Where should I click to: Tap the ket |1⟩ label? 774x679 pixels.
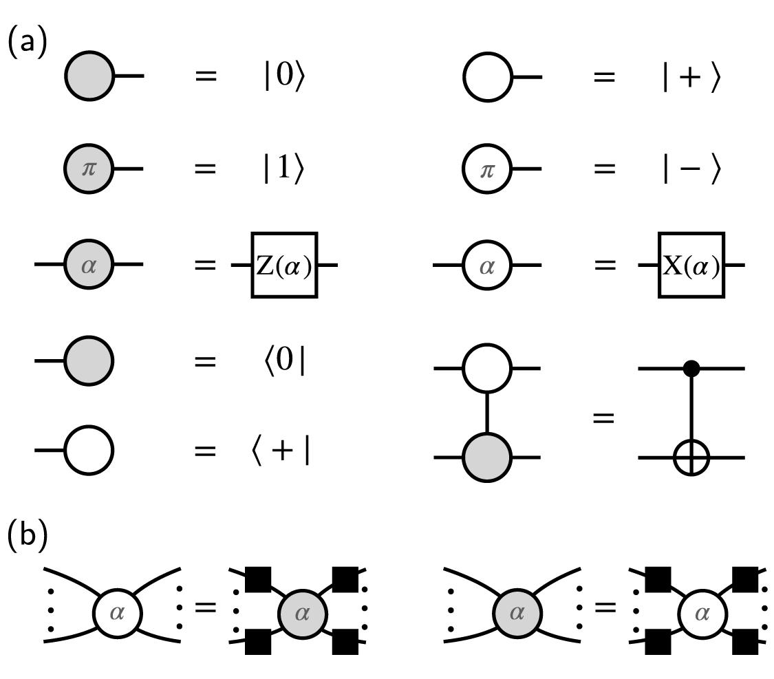pos(283,170)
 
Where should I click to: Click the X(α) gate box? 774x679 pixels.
pos(691,265)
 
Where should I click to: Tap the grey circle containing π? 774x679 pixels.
pos(89,169)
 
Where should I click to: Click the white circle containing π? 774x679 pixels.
pos(486,169)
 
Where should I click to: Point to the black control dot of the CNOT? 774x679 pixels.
pos(692,369)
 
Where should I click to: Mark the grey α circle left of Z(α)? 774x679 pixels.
pos(89,264)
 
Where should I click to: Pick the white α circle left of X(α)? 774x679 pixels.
pos(486,264)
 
